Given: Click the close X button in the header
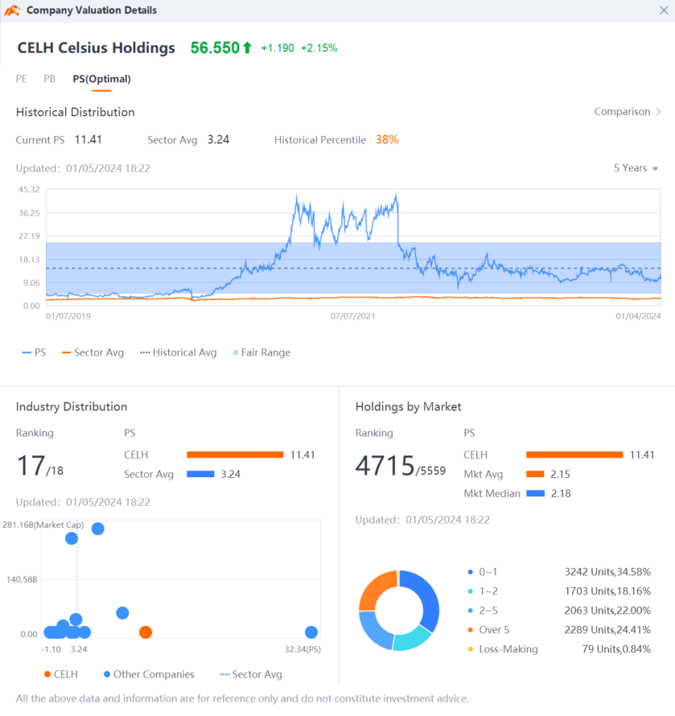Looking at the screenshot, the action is [x=664, y=10].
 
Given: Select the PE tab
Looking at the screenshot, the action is [x=22, y=79].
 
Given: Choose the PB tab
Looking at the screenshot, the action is [x=49, y=79].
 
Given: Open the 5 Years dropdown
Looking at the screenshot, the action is [x=636, y=168].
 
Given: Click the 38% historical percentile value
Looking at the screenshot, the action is [x=387, y=140].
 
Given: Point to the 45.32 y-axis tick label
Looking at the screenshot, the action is [x=29, y=190].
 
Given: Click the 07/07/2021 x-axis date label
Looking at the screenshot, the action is [x=352, y=316].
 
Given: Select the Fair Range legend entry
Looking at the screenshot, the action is [x=261, y=352].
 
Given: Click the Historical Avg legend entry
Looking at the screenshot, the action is [x=178, y=352].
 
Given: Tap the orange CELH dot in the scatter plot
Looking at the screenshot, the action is [x=146, y=632].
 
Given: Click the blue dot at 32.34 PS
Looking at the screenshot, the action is [x=311, y=632].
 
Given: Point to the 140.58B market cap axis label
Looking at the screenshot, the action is [x=22, y=579].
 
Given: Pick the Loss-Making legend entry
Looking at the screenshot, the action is [x=503, y=649].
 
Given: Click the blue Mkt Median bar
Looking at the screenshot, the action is [x=535, y=494].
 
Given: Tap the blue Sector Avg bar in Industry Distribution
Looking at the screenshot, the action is [x=200, y=475].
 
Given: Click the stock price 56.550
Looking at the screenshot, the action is [x=215, y=48].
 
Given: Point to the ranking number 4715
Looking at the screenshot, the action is [x=385, y=466].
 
